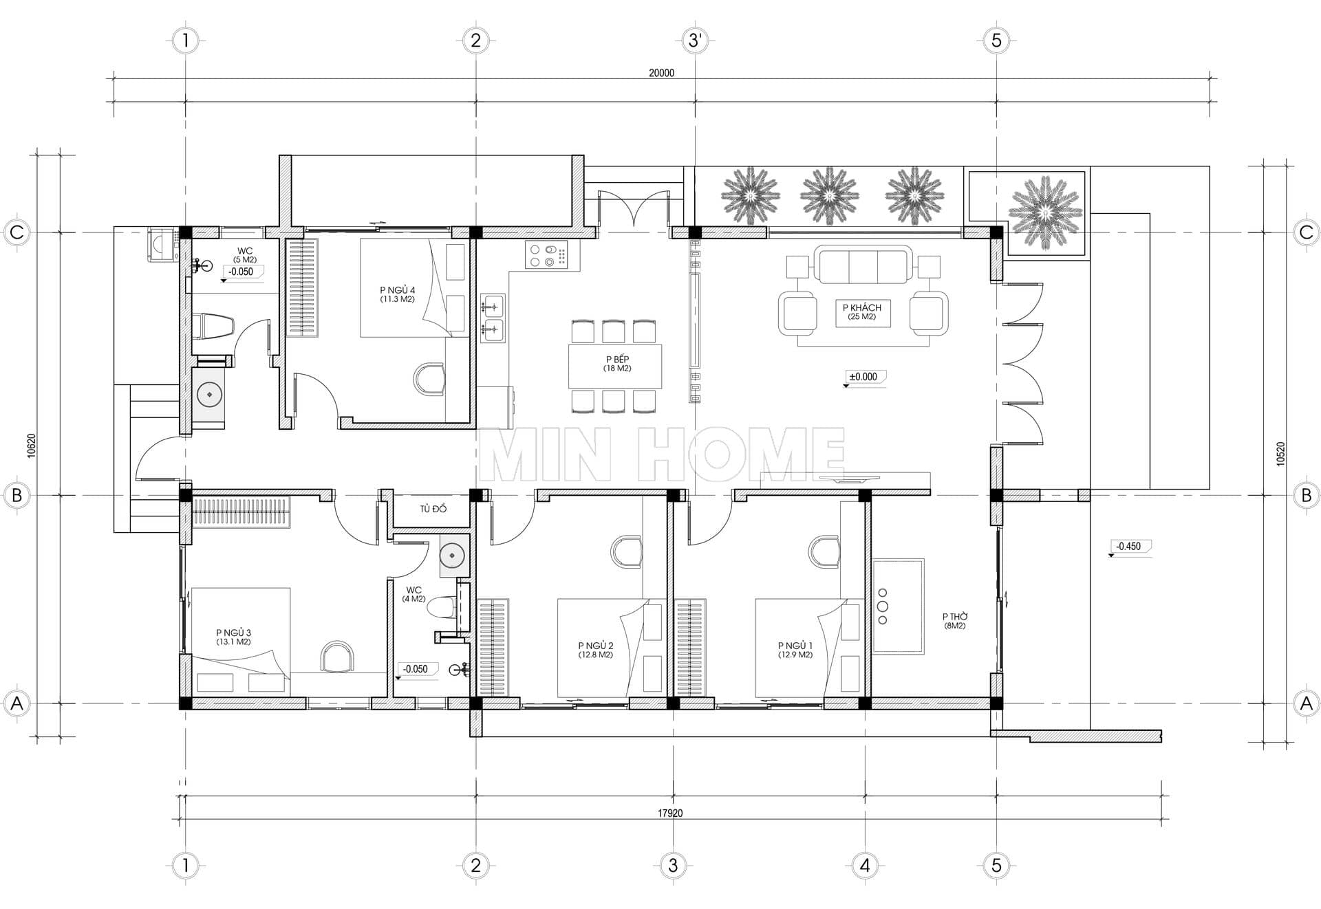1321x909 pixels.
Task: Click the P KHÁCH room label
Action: [861, 307]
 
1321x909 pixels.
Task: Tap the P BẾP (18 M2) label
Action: [617, 364]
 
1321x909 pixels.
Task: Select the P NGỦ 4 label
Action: [397, 290]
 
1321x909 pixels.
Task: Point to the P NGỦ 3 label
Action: [233, 633]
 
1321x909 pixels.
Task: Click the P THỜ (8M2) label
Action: [954, 621]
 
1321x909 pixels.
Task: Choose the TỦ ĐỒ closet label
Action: [433, 509]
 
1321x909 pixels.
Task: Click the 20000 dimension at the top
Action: [661, 73]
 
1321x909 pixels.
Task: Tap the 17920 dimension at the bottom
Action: [670, 813]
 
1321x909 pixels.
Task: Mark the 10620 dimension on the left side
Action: [32, 446]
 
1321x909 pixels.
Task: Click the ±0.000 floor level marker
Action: [863, 377]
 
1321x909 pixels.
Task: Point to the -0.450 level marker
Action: [1128, 547]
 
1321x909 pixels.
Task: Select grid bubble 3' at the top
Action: [695, 41]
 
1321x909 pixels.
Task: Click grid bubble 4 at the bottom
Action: [865, 865]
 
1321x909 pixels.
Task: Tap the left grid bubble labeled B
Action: [17, 495]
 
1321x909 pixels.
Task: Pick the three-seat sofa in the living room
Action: [863, 265]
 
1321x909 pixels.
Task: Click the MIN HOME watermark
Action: [661, 454]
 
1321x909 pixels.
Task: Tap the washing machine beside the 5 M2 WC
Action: [163, 245]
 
